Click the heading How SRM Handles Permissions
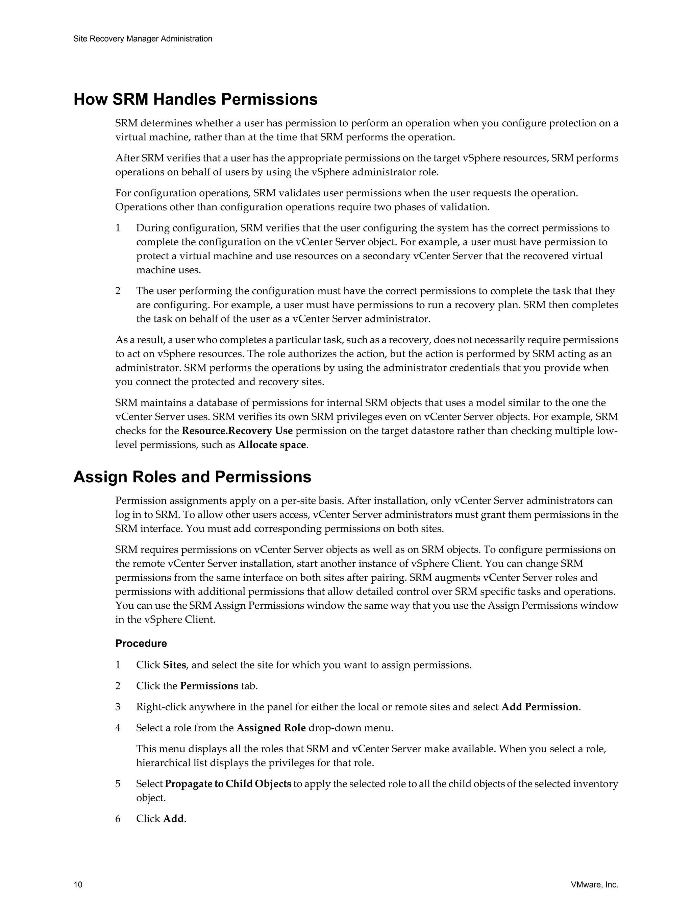pos(195,100)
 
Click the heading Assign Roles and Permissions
pos(192,477)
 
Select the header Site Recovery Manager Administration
pos(143,39)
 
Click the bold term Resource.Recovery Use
pos(237,431)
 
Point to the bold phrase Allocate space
pos(272,445)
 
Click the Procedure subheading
pos(141,643)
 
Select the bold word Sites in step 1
pos(174,665)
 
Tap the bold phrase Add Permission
pos(540,707)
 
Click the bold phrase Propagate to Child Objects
pos(228,784)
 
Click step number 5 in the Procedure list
pos(118,784)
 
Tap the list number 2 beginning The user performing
pos(118,291)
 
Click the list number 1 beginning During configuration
pos(118,228)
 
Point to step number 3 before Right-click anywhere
pos(118,707)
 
